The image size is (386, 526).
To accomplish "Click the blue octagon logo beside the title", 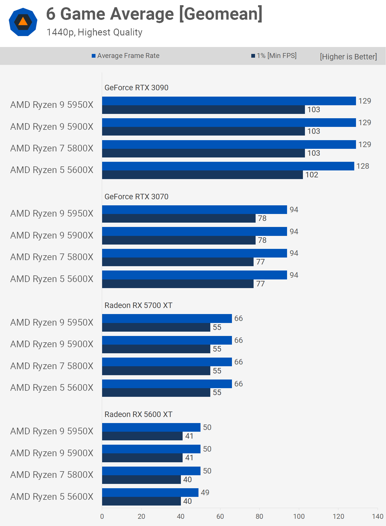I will point(23,22).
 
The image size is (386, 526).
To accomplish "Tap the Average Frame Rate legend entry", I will point(125,56).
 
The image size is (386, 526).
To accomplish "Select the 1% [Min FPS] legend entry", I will point(274,56).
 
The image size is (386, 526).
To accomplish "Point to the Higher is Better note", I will point(348,57).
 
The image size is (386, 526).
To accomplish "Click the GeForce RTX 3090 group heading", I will point(136,88).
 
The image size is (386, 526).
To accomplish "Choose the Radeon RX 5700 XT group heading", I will point(138,305).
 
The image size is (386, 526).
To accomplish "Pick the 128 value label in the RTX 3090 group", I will point(363,166).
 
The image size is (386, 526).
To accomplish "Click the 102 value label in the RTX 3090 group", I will point(312,175).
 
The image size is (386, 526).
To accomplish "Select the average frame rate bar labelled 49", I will point(150,493).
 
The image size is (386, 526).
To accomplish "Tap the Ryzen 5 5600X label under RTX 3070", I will point(52,279).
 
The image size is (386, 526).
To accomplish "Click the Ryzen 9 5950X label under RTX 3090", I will point(52,105).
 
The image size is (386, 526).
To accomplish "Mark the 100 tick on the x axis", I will point(299,516).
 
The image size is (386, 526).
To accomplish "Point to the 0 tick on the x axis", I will point(102,516).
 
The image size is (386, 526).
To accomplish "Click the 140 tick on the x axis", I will point(378,516).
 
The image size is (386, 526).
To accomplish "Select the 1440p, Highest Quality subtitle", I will point(94,32).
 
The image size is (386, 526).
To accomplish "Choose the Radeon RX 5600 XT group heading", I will point(138,414).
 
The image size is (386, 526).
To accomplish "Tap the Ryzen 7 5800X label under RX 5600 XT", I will point(52,475).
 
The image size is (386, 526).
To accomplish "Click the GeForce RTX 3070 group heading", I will point(136,197).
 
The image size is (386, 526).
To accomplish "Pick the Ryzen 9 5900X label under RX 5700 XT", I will point(52,344).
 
